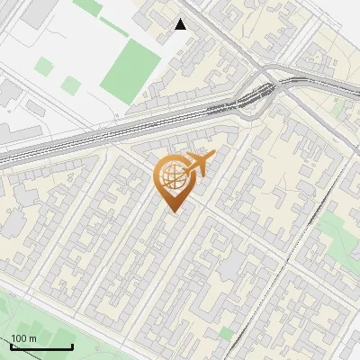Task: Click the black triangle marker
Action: [181, 24]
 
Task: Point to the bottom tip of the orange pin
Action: [172, 211]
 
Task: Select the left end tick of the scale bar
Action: [11, 346]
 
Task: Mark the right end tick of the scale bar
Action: [72, 346]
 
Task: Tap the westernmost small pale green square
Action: [44, 66]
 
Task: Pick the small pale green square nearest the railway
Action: [71, 85]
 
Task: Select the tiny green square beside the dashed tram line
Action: [226, 334]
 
